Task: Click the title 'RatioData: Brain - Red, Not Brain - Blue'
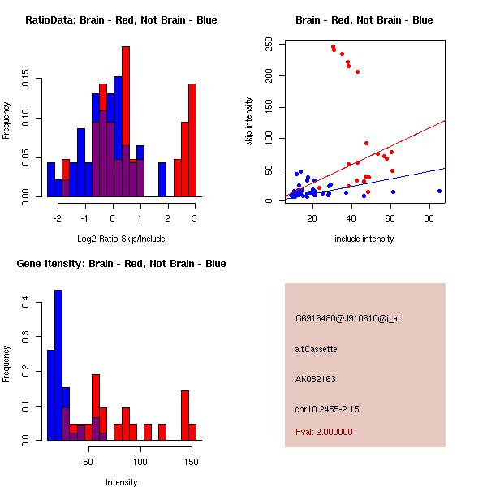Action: tap(121, 19)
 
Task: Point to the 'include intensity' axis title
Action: tap(364, 238)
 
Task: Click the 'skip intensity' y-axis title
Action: tap(249, 121)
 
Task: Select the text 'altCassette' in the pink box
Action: tap(316, 349)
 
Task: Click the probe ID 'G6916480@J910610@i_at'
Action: tap(347, 318)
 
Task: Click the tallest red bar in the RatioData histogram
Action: tap(126, 122)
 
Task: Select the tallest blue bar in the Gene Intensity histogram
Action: tap(58, 365)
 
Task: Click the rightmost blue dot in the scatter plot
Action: tap(439, 191)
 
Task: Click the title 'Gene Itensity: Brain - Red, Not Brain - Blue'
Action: tap(121, 263)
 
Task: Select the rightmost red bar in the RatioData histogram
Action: tap(192, 140)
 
